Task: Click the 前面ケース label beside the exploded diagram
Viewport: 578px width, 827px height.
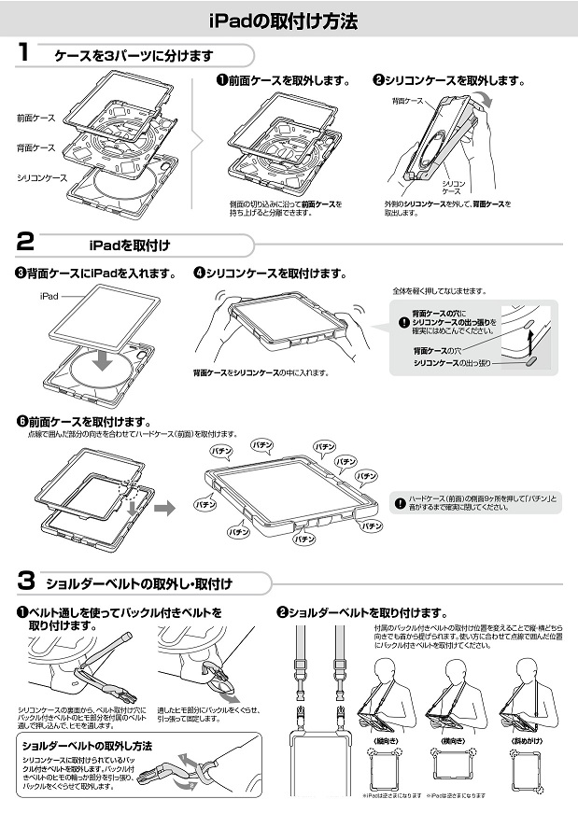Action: click(x=35, y=119)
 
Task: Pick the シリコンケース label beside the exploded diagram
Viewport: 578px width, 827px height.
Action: click(x=41, y=176)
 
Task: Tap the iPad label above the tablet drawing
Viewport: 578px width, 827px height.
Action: click(x=49, y=295)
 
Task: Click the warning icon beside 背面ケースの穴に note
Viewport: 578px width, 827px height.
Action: click(x=403, y=322)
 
